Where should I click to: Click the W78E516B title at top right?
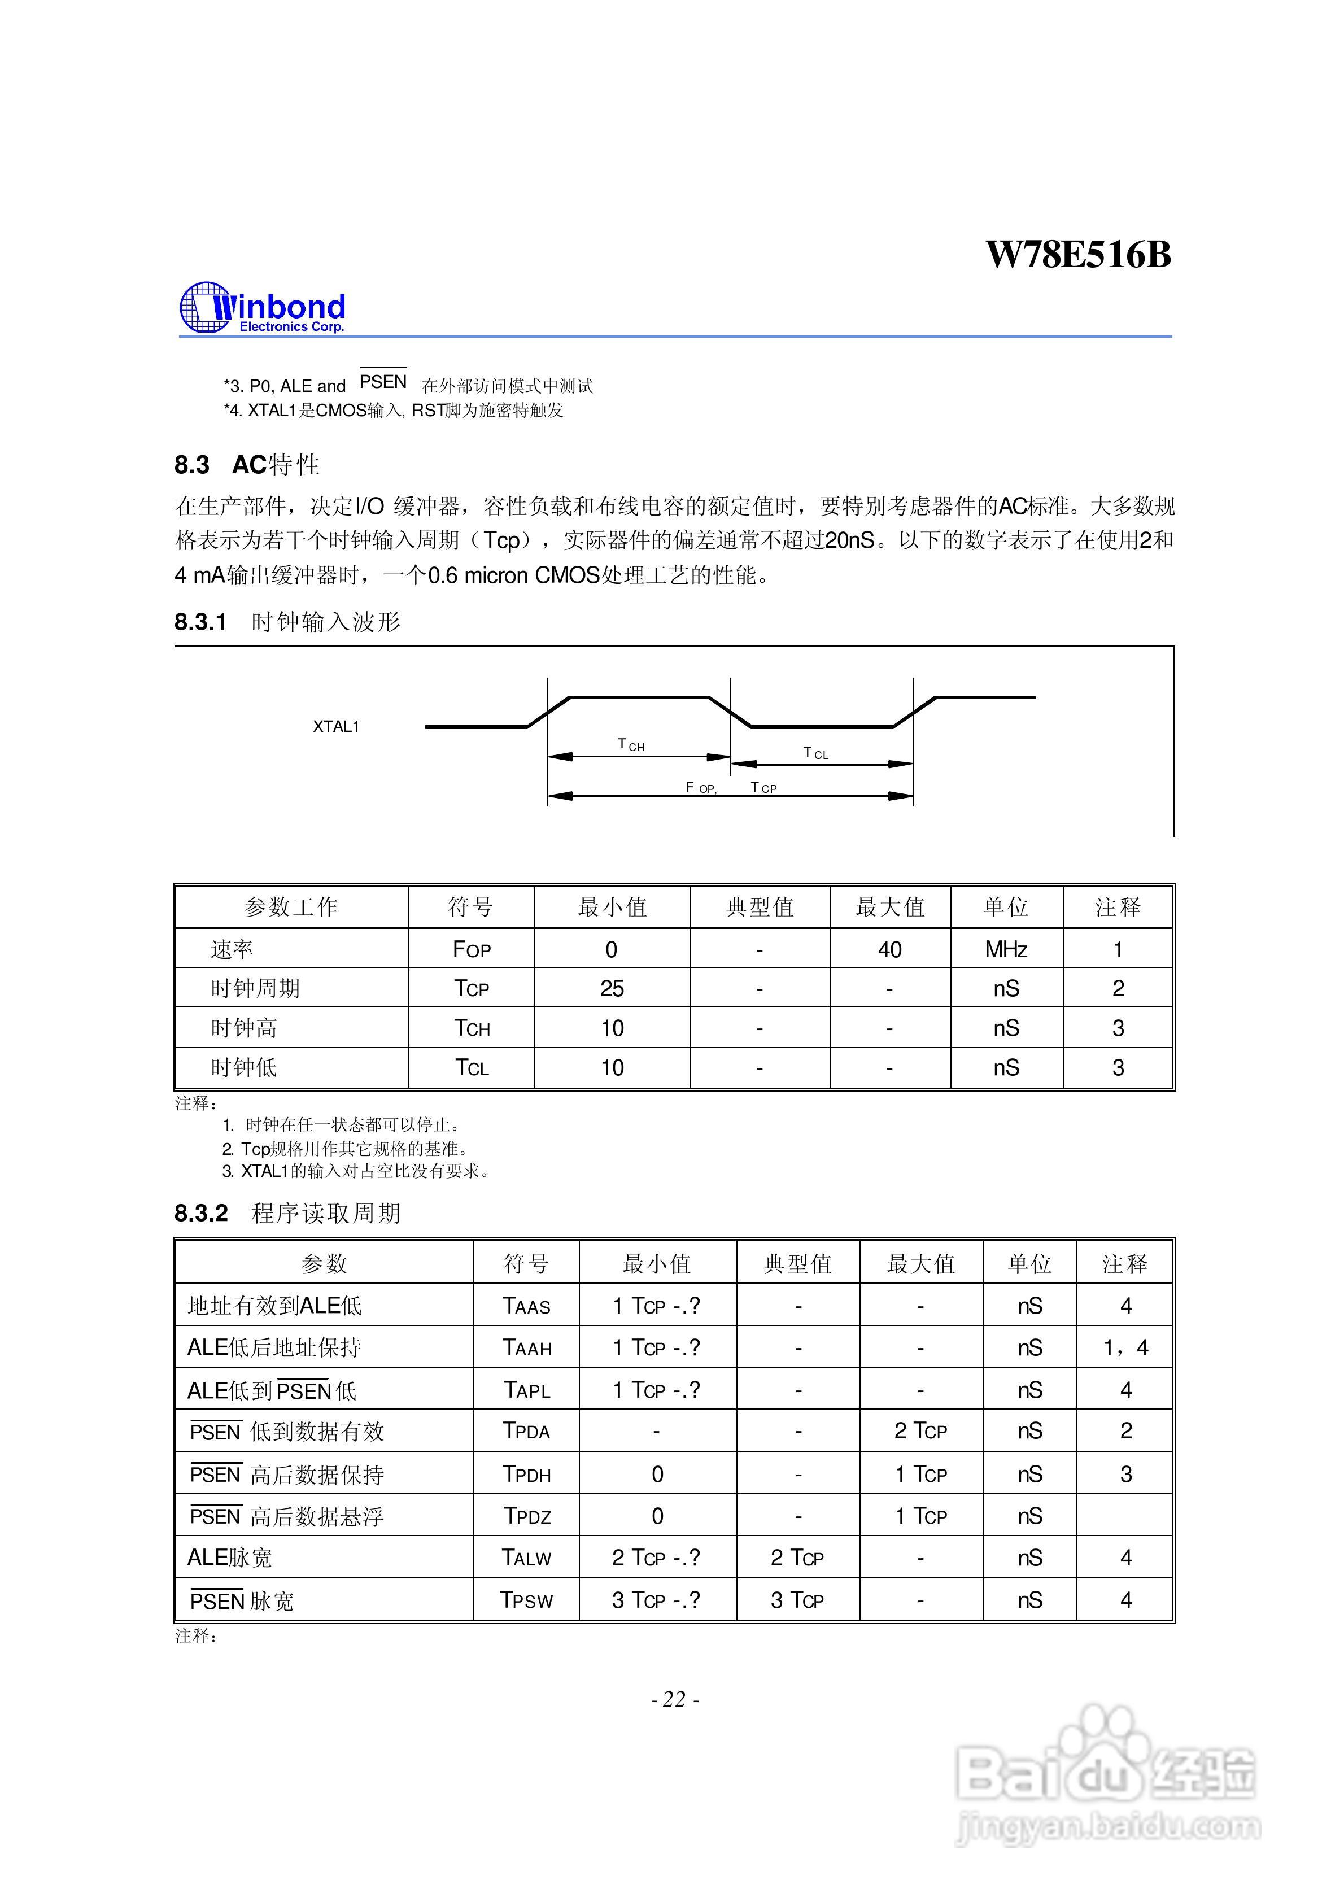1078,254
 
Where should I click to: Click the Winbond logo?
262,308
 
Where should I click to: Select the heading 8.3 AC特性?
247,465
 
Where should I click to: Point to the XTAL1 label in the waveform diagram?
335,726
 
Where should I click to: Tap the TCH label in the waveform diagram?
631,745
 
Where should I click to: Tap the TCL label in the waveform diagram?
815,753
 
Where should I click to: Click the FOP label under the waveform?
700,787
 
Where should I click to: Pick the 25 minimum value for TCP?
612,988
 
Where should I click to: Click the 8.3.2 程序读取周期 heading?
287,1213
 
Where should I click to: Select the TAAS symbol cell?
526,1306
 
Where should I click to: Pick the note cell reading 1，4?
1125,1348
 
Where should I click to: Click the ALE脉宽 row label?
229,1558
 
